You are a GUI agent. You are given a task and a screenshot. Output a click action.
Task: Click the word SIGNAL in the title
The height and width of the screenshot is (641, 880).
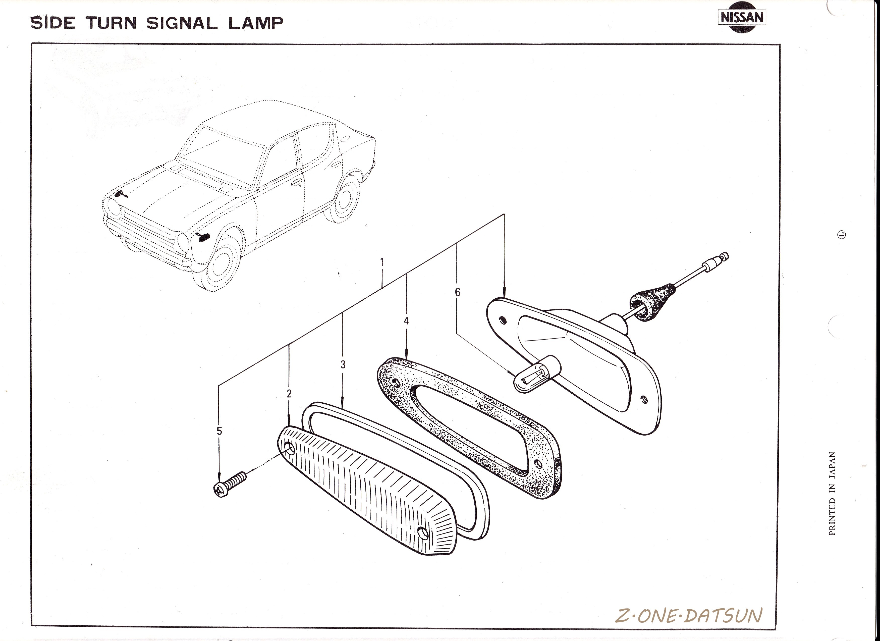point(182,23)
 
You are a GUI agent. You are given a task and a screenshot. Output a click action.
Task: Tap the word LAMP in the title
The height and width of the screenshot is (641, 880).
point(256,23)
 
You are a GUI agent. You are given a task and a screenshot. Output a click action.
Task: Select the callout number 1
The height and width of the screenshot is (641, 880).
point(382,262)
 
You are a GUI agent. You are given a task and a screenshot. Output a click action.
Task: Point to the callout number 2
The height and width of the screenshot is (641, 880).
point(289,393)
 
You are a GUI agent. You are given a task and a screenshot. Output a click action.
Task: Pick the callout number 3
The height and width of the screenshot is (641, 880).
point(343,364)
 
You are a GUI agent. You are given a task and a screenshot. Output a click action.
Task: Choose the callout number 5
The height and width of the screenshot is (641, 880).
point(219,431)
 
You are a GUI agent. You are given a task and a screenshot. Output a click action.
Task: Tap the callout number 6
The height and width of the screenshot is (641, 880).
point(458,292)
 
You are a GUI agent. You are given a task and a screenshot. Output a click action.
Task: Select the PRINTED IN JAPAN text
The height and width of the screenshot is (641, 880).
point(832,494)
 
